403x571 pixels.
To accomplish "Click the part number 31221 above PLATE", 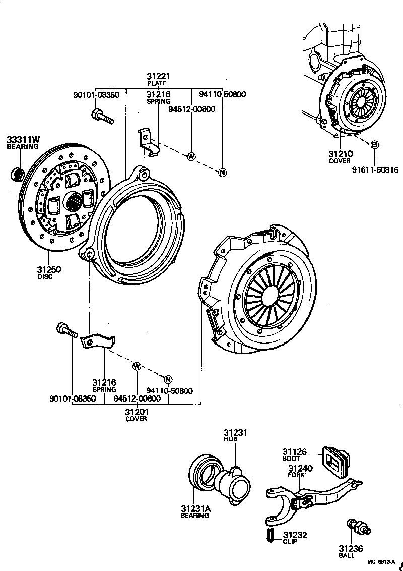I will coord(159,76).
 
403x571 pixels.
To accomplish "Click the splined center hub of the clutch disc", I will coord(74,202).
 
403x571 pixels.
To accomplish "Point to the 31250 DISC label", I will coord(49,270).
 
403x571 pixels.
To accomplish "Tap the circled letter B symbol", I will coord(374,145).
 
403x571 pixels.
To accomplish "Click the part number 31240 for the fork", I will coord(300,469).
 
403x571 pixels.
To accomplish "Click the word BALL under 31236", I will coord(346,555).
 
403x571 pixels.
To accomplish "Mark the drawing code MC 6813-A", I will coord(380,562).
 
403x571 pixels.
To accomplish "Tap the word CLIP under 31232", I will coord(290,542).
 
